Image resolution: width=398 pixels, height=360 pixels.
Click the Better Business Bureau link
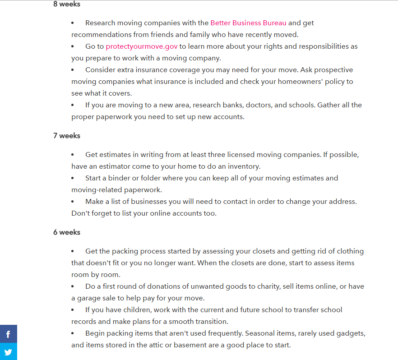(x=248, y=23)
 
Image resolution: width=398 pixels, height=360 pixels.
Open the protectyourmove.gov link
(x=142, y=46)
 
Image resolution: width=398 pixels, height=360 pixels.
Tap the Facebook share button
(x=8, y=334)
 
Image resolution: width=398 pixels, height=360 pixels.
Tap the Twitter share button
(x=8, y=352)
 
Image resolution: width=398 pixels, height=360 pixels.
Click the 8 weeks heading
(x=67, y=4)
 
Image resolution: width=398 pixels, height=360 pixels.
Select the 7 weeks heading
(x=67, y=135)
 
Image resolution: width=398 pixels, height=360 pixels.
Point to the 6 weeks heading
(x=67, y=232)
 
